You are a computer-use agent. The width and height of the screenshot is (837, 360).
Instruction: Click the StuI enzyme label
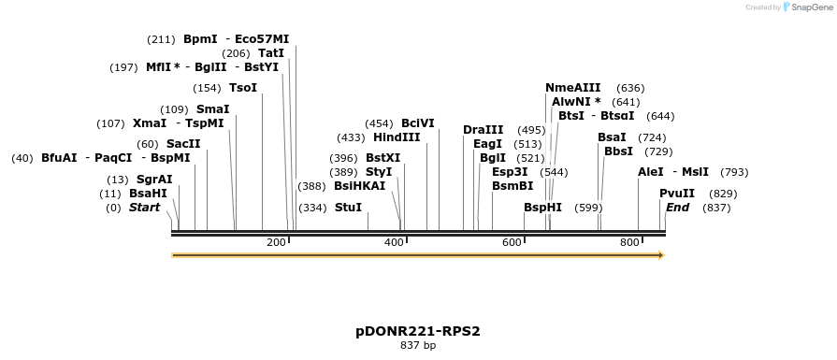tap(348, 208)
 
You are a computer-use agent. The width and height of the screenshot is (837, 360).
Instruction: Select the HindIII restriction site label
tap(397, 137)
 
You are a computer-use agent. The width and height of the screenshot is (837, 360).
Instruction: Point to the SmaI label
tap(212, 109)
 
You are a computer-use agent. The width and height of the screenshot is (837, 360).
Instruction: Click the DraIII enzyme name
tap(483, 130)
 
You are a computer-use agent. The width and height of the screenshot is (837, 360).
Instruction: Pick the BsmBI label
tap(512, 186)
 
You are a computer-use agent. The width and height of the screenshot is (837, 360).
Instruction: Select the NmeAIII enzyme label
tap(573, 88)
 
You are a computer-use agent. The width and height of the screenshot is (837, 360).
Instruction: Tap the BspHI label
tap(542, 208)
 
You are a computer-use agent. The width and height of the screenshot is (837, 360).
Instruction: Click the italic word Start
tap(145, 207)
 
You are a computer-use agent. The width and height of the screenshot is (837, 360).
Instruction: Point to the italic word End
tap(678, 207)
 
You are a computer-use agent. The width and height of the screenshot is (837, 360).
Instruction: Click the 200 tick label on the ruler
tap(276, 243)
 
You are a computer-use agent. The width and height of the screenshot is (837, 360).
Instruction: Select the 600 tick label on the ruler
tap(512, 243)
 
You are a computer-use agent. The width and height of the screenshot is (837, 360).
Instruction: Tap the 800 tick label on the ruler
tap(629, 243)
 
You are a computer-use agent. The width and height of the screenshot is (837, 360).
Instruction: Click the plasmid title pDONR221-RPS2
tap(418, 331)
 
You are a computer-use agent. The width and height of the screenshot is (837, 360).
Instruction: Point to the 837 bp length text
tap(418, 346)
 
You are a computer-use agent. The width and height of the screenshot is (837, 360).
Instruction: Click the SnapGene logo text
tap(810, 7)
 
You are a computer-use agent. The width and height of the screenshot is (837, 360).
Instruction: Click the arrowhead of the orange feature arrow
tap(659, 255)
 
